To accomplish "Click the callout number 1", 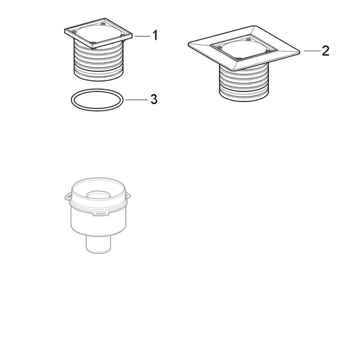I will [155, 35].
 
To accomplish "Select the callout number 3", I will [154, 99].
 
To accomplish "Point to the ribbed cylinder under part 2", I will [243, 83].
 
